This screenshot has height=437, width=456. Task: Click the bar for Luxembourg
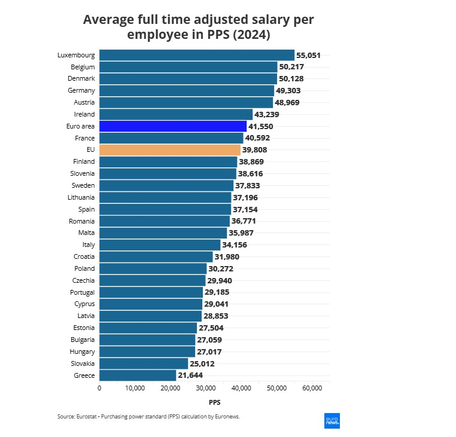196,55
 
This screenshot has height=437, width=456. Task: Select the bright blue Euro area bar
172,126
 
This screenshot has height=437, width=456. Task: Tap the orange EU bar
169,149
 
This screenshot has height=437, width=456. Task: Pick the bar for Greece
138,375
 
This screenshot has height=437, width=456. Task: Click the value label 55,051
308,55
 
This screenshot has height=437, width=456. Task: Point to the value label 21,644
190,375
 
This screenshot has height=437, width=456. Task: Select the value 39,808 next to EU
254,149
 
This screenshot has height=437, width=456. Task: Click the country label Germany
81,90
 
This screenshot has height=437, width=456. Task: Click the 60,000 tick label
312,389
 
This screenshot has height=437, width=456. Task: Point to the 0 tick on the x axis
99,389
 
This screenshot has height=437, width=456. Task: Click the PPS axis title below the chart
214,402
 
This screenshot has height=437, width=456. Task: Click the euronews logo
332,420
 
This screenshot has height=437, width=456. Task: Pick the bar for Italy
160,245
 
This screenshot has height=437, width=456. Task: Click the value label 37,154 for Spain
246,209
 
